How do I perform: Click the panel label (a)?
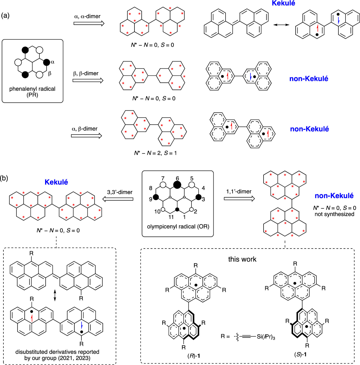5,16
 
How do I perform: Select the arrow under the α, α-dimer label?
89,23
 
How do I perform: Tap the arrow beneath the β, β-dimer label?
88,80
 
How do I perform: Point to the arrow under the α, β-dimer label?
86,136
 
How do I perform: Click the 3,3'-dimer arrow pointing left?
118,199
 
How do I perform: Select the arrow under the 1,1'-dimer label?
239,199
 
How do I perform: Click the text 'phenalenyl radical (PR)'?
32,92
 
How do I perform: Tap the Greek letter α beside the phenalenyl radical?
52,62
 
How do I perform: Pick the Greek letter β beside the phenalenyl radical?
50,73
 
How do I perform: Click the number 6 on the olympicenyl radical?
177,178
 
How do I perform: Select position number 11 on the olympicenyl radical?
171,217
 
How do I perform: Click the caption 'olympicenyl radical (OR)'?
178,226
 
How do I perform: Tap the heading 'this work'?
242,259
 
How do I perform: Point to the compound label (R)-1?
194,356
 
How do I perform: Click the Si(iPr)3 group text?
266,337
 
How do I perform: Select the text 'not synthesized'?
334,214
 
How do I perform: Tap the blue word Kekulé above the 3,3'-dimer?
56,182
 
